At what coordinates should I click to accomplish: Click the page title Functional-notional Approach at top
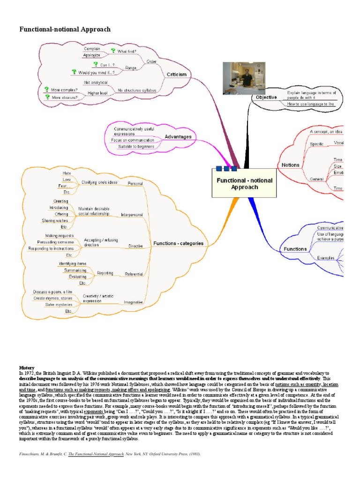65,30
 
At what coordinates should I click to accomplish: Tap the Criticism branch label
176,75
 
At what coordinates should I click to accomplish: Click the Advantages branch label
178,137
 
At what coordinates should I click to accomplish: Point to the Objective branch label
266,97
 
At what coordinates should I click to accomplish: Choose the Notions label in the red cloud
291,165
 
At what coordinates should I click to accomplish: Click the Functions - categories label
178,243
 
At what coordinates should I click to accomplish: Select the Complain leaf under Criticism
92,49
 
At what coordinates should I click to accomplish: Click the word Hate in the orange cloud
67,173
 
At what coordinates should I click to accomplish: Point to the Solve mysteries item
59,304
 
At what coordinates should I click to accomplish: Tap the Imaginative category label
133,302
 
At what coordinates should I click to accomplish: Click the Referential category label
134,274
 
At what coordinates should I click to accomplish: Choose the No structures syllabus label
136,90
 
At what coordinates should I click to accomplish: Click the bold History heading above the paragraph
26,367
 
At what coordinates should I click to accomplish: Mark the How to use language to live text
310,104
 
